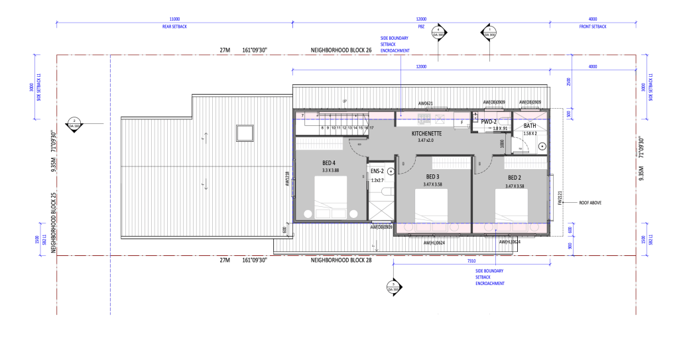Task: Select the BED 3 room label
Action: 432,177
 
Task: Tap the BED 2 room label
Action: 515,178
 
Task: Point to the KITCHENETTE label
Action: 431,133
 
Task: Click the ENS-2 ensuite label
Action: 378,171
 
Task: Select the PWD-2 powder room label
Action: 489,122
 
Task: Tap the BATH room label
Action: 530,125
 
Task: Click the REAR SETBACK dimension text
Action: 174,27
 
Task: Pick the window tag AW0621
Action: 425,103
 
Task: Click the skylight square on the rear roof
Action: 245,133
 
